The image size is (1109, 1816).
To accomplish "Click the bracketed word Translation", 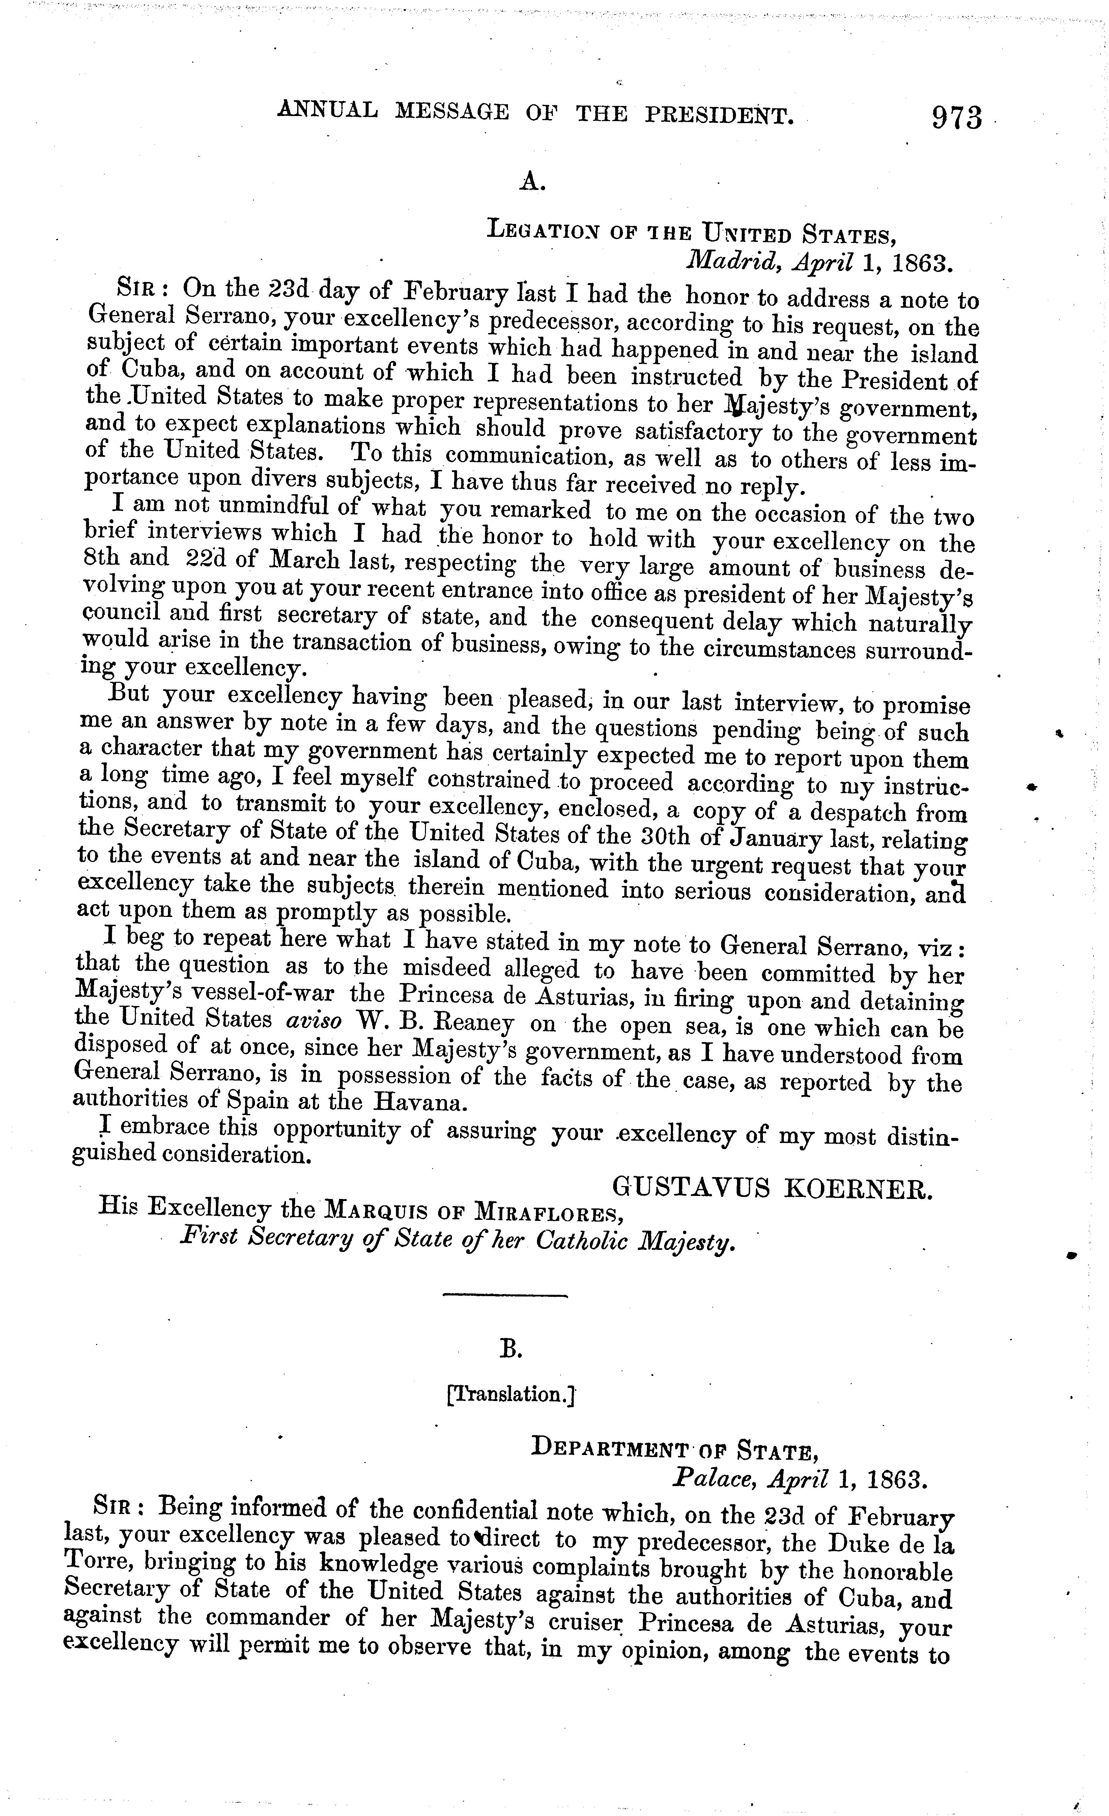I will click(x=510, y=1395).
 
